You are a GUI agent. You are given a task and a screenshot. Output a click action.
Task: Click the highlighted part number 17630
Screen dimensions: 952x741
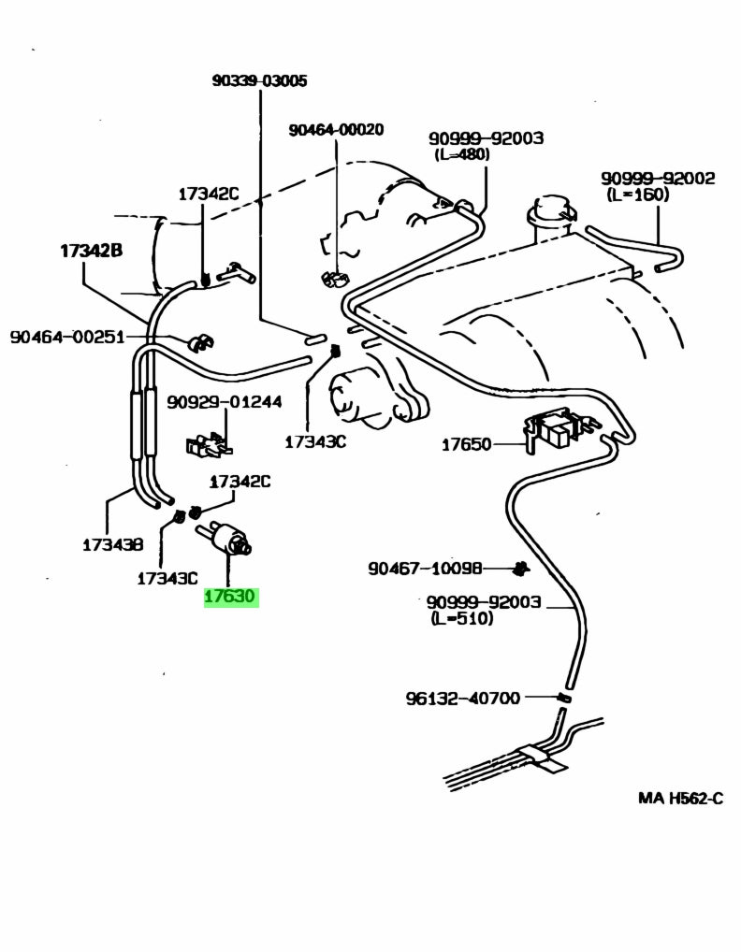231,596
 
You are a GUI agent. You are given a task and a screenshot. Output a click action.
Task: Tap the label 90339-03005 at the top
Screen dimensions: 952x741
259,81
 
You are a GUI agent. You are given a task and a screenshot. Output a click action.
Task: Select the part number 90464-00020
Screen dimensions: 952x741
336,130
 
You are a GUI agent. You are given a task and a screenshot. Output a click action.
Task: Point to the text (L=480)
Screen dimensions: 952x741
461,154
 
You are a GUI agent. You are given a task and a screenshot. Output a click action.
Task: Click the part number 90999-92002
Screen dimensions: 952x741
658,178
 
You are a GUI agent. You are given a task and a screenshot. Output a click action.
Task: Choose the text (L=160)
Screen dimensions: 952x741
637,195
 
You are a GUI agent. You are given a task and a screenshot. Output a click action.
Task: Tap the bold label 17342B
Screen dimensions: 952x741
93,251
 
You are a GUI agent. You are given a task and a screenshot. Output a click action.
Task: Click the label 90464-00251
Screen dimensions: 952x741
67,337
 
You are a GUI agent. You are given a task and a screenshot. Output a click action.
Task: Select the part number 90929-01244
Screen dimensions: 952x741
224,402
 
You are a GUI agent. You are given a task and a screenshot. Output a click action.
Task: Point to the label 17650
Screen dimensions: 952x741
466,444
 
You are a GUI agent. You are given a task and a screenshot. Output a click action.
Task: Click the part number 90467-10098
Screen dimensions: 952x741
425,568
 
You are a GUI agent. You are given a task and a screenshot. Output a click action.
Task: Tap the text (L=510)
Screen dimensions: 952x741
461,619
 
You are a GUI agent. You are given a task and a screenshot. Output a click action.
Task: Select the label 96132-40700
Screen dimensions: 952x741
462,698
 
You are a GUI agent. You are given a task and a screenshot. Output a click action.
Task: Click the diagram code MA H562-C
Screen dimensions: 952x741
680,798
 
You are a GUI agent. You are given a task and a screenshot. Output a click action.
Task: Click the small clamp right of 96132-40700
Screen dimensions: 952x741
563,698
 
